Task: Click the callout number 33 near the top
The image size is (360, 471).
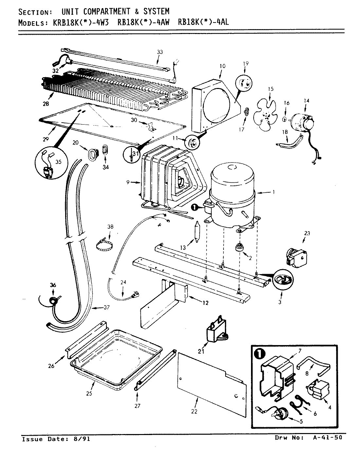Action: (159, 52)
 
